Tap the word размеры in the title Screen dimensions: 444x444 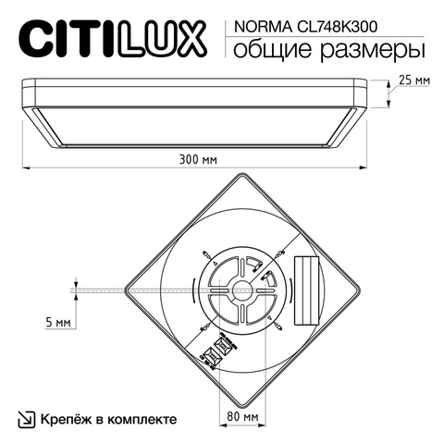coord(363,47)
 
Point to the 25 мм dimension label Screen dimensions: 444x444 coord(413,81)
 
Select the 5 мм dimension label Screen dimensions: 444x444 coord(57,323)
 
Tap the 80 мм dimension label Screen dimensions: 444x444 coord(241,417)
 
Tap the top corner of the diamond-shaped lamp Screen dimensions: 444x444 coord(241,175)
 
